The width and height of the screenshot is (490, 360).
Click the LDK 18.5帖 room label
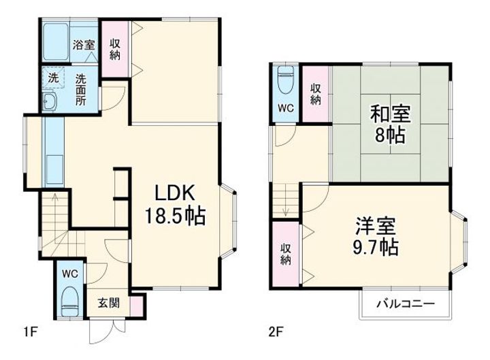pyautogui.click(x=174, y=205)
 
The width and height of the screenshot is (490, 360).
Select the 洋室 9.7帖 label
pyautogui.click(x=376, y=234)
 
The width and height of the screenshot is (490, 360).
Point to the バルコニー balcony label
pyautogui.click(x=406, y=304)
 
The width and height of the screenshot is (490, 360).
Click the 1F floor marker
pyautogui.click(x=30, y=333)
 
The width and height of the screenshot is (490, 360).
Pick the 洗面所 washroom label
pyautogui.click(x=82, y=88)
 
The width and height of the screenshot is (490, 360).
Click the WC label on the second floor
pyautogui.click(x=285, y=107)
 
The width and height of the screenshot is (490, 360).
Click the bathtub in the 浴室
pyautogui.click(x=54, y=42)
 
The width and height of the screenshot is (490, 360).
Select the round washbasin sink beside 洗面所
pyautogui.click(x=50, y=103)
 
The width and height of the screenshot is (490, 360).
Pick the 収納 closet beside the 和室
pyautogui.click(x=316, y=93)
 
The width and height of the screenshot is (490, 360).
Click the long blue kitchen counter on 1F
pyautogui.click(x=52, y=150)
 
